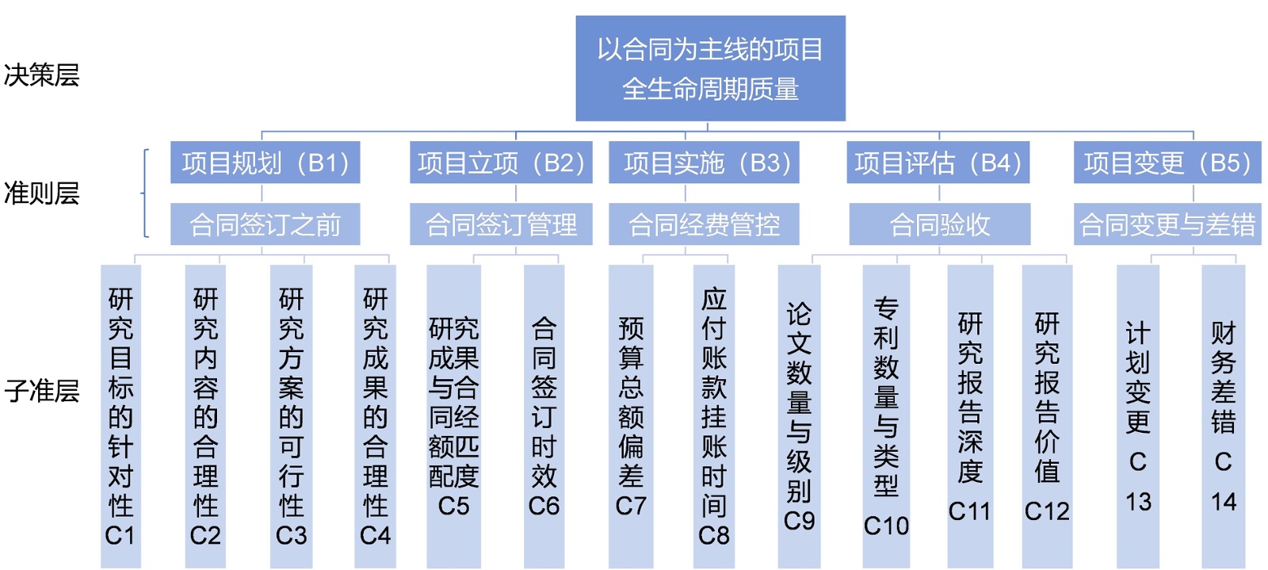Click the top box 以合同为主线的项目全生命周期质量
pyautogui.click(x=710, y=68)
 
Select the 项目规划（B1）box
pyautogui.click(x=265, y=163)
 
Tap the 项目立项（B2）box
pyautogui.click(x=500, y=163)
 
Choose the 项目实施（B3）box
pyautogui.click(x=704, y=163)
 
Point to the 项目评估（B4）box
pyautogui.click(x=938, y=163)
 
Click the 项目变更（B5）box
pyautogui.click(x=1167, y=163)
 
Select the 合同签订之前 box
pyautogui.click(x=265, y=224)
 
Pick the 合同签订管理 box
pyautogui.click(x=500, y=224)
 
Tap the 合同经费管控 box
pyautogui.click(x=704, y=224)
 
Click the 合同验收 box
pyautogui.click(x=939, y=224)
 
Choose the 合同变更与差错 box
pyautogui.click(x=1167, y=224)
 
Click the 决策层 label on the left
pyautogui.click(x=41, y=75)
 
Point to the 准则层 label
pyautogui.click(x=41, y=193)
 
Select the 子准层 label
pyautogui.click(x=41, y=390)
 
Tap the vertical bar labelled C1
pyautogui.click(x=120, y=416)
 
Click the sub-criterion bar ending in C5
pyautogui.click(x=453, y=416)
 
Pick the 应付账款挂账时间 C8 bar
pyautogui.click(x=713, y=416)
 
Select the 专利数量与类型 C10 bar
pyautogui.click(x=886, y=416)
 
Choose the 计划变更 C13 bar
pyautogui.click(x=1137, y=416)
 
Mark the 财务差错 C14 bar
pyautogui.click(x=1223, y=416)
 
